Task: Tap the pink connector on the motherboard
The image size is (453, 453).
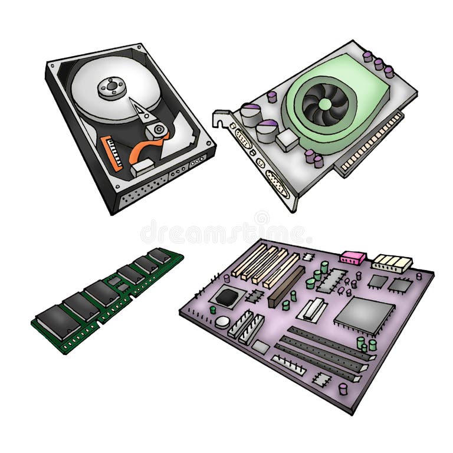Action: point(353,257)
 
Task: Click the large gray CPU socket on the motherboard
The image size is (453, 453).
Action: point(364,313)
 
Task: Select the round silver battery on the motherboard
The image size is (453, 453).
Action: point(222,321)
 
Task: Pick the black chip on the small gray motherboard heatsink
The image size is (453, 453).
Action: point(226,297)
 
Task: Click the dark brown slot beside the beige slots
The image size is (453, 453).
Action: point(287,285)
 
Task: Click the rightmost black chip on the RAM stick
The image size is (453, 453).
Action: point(159,255)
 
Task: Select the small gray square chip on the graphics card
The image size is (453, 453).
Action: point(287,140)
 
